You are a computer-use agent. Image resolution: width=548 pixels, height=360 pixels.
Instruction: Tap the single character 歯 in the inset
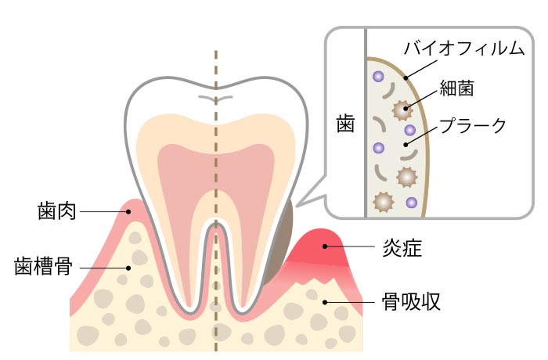click(x=345, y=123)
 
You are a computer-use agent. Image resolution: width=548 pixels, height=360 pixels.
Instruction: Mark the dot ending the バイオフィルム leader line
click(x=406, y=77)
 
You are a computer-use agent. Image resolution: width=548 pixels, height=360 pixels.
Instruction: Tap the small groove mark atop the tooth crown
click(x=216, y=99)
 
